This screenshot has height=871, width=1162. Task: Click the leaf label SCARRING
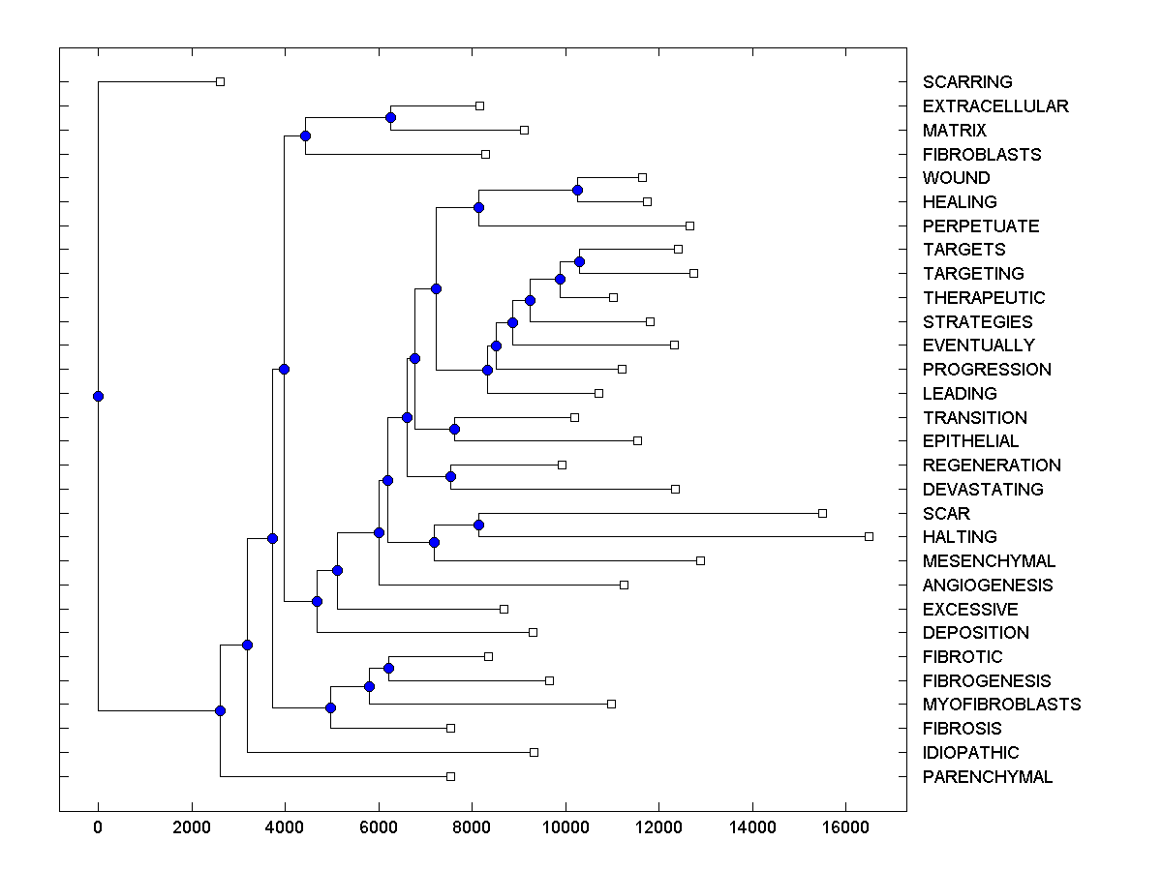point(967,82)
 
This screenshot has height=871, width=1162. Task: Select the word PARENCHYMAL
point(987,777)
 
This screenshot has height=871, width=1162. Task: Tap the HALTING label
point(960,537)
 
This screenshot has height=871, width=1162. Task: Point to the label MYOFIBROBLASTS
point(1001,705)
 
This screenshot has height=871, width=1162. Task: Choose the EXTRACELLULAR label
point(995,106)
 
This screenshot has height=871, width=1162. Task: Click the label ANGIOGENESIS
point(988,586)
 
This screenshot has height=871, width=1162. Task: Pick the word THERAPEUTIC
point(984,298)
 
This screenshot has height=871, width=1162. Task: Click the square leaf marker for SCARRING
point(220,81)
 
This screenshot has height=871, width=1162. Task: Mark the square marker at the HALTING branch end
point(869,536)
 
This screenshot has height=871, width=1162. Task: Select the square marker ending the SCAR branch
point(822,513)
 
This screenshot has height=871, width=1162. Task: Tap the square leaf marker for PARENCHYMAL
point(450,776)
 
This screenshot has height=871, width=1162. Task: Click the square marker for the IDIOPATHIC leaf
point(534,752)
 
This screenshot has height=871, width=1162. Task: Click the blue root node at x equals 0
point(98,396)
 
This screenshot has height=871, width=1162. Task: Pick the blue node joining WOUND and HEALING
point(577,190)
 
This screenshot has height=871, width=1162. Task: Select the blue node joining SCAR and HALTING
point(478,525)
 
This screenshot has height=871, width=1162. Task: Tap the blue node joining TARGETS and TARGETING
point(579,261)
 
